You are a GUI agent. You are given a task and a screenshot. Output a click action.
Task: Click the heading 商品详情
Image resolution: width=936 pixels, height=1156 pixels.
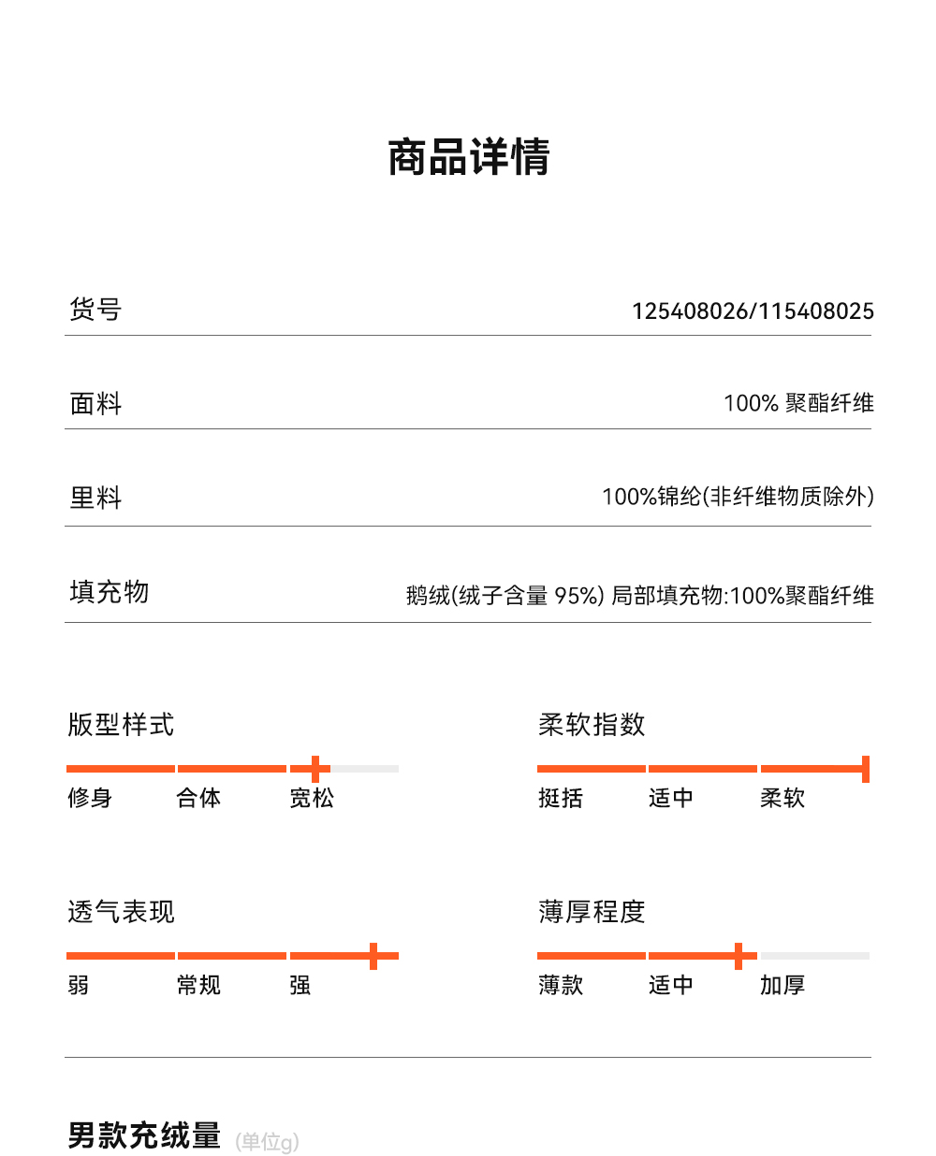pyautogui.click(x=468, y=157)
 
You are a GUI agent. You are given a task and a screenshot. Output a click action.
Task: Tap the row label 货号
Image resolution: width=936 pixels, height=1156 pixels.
pyautogui.click(x=95, y=309)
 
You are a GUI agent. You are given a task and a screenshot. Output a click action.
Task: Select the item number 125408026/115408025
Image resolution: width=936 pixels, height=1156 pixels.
pyautogui.click(x=753, y=311)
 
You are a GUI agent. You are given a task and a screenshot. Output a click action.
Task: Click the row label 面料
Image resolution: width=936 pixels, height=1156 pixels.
pyautogui.click(x=95, y=403)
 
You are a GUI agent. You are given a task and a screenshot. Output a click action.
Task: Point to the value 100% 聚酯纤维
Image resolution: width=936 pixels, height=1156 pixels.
pyautogui.click(x=798, y=403)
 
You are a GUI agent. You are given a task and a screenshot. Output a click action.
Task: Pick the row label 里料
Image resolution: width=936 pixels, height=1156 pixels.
pyautogui.click(x=95, y=498)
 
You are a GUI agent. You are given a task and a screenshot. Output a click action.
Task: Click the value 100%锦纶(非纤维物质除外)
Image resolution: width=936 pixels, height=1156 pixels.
pyautogui.click(x=738, y=497)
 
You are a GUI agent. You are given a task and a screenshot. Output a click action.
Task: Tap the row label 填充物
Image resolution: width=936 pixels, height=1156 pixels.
pyautogui.click(x=109, y=592)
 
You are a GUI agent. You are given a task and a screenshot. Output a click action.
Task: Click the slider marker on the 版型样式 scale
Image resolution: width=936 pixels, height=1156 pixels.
pyautogui.click(x=315, y=769)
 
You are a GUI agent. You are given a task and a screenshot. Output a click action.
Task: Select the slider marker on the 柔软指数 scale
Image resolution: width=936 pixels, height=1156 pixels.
pyautogui.click(x=866, y=769)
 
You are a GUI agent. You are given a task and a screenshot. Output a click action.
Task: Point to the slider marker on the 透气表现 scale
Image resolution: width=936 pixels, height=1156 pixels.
pyautogui.click(x=373, y=956)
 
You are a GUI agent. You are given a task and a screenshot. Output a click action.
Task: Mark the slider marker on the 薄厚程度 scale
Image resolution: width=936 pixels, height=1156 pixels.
pyautogui.click(x=739, y=956)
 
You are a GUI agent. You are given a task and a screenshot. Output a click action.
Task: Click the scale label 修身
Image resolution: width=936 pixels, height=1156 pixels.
pyautogui.click(x=90, y=798)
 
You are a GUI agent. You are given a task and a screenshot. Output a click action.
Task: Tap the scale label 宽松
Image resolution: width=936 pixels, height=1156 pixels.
pyautogui.click(x=312, y=798)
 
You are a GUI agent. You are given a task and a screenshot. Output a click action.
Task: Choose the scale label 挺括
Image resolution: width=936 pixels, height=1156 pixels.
pyautogui.click(x=561, y=798)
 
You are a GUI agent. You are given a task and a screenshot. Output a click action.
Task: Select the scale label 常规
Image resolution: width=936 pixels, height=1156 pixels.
pyautogui.click(x=198, y=985)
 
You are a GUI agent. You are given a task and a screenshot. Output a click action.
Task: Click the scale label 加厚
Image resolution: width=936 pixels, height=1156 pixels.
pyautogui.click(x=782, y=985)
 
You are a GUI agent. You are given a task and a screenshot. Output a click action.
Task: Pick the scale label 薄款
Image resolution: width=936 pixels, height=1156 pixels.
pyautogui.click(x=561, y=985)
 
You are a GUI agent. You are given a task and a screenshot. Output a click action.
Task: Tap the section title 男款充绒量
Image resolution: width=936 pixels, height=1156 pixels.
pyautogui.click(x=144, y=1135)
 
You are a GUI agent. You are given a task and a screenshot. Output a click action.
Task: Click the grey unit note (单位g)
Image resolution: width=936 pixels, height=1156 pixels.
pyautogui.click(x=268, y=1141)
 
